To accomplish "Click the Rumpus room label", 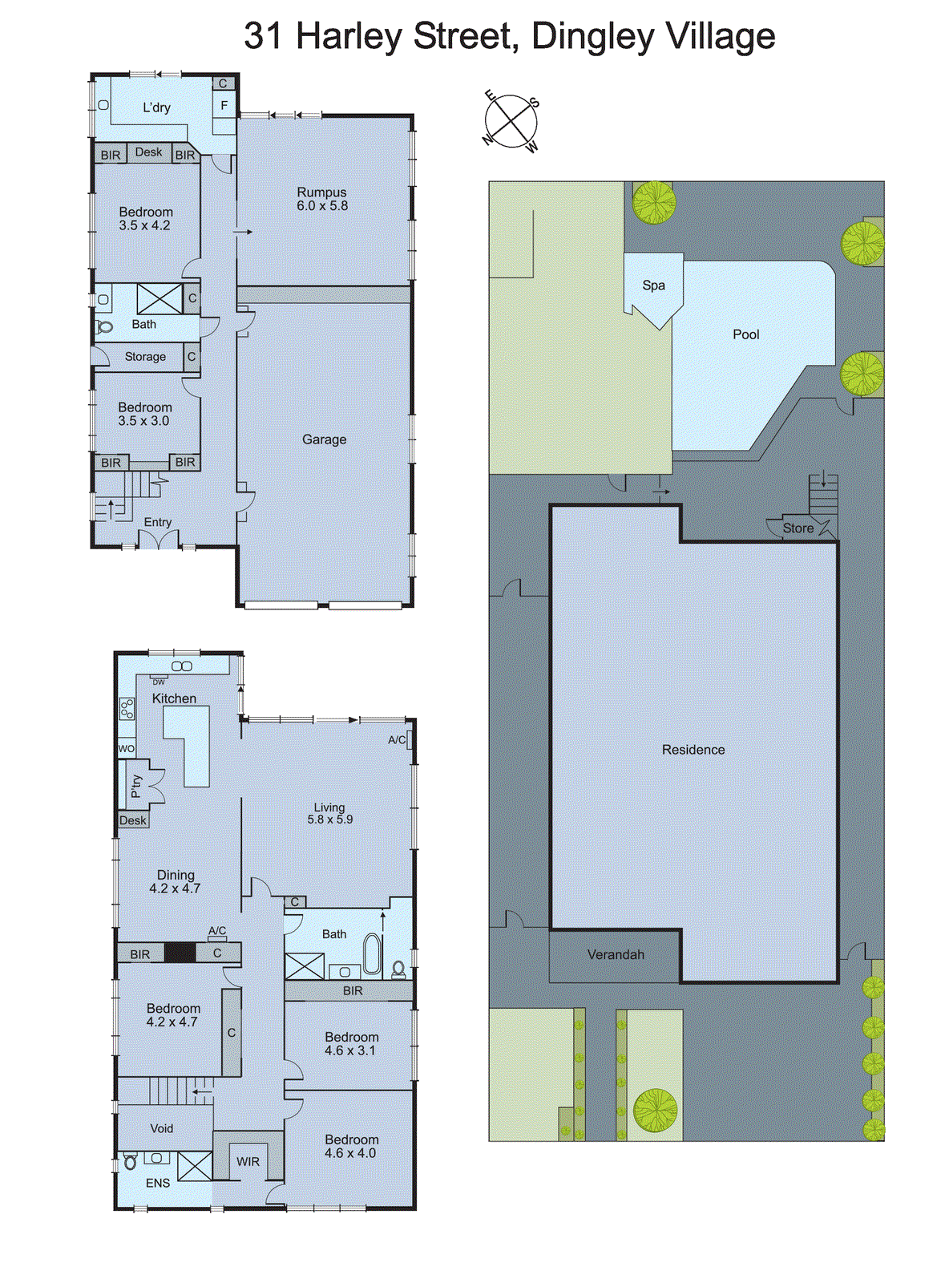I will tap(321, 192).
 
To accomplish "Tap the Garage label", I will tap(324, 439).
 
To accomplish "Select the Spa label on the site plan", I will tap(653, 285).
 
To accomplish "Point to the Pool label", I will tap(745, 334).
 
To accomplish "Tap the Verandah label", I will tap(615, 954).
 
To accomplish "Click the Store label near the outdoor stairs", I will tap(798, 528).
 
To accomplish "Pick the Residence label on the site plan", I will tap(693, 750).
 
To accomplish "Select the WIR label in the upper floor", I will tap(248, 1161).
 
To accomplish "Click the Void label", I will tap(161, 1128).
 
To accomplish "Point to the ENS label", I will tap(157, 1183).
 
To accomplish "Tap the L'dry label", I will tap(156, 107).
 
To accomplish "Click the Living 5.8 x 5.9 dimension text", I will tap(329, 820).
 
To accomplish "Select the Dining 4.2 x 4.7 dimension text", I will tap(175, 888).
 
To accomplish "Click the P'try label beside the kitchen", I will tap(136, 785).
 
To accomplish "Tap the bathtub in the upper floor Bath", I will tap(373, 953).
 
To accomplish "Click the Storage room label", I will tap(145, 357).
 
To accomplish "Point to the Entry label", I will tap(157, 522).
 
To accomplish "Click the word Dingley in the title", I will tap(592, 37).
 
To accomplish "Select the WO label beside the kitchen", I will tap(126, 749).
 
